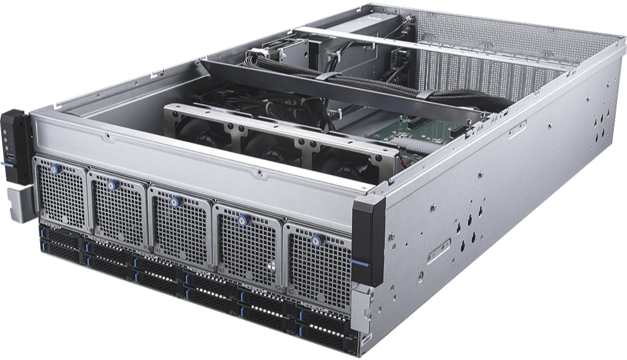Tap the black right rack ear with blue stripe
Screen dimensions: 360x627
coord(369,241)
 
